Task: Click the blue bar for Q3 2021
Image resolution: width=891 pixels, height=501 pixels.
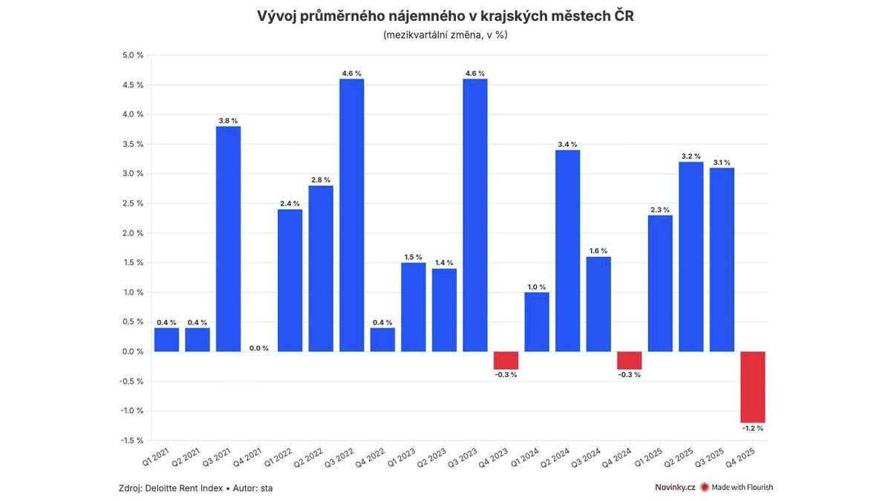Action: point(228,239)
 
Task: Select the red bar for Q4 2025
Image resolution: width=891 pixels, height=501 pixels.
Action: point(752,387)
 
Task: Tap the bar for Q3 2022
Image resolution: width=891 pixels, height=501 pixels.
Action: point(351,215)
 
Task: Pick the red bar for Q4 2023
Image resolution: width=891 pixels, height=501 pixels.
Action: point(506,360)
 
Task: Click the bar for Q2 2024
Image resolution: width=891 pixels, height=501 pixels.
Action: point(567,251)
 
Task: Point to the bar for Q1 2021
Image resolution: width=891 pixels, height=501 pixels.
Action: point(166,340)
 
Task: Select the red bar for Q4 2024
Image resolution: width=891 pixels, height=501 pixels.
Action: point(629,360)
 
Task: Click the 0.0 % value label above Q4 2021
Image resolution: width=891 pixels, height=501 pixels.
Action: point(259,348)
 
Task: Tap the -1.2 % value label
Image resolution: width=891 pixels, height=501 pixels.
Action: point(752,428)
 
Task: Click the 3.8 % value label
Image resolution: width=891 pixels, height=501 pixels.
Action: point(228,120)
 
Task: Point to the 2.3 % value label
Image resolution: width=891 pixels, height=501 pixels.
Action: point(659,209)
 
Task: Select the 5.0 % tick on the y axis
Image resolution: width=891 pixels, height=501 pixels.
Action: point(133,55)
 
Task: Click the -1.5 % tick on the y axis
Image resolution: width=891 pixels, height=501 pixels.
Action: point(131,440)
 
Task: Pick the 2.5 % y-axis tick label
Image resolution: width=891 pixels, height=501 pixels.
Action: point(133,203)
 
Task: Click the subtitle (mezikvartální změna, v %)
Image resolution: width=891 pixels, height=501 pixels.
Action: point(446,35)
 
